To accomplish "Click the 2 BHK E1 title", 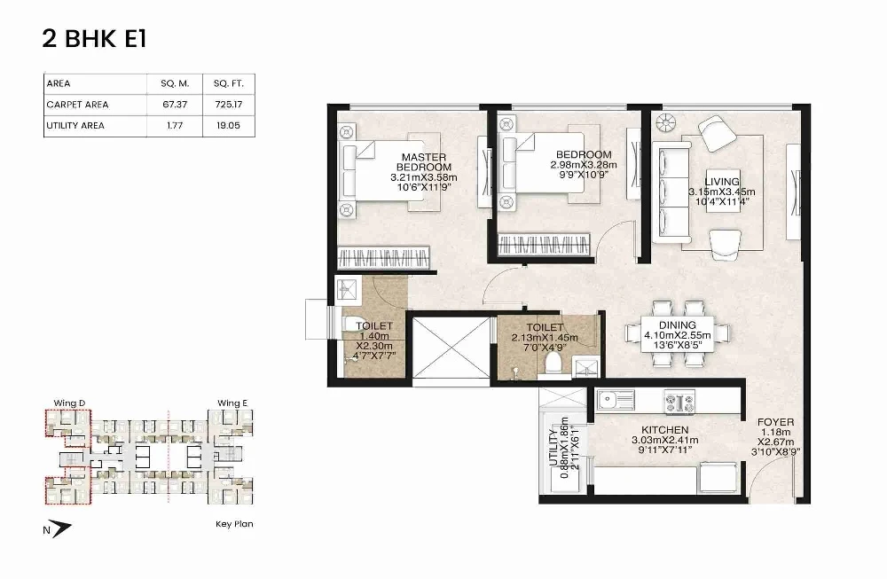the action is [95, 39].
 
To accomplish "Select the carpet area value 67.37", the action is [175, 105].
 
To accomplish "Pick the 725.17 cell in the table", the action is [229, 105].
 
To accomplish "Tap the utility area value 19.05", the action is [229, 126].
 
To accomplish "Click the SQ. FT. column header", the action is [229, 83].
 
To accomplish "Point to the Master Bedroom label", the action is [424, 161].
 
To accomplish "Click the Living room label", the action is [722, 182].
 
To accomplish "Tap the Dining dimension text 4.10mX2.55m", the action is [677, 335].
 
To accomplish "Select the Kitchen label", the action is [664, 430].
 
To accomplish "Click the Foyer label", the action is [775, 422].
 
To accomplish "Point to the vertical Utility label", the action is [553, 448].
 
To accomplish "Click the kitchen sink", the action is [616, 400].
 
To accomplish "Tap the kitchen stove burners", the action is [679, 403].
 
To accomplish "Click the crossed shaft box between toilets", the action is [451, 348].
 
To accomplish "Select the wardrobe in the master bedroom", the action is [383, 257].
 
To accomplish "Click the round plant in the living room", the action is [666, 122].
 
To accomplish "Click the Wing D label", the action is [69, 403].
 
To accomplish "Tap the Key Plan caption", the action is [234, 524].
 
